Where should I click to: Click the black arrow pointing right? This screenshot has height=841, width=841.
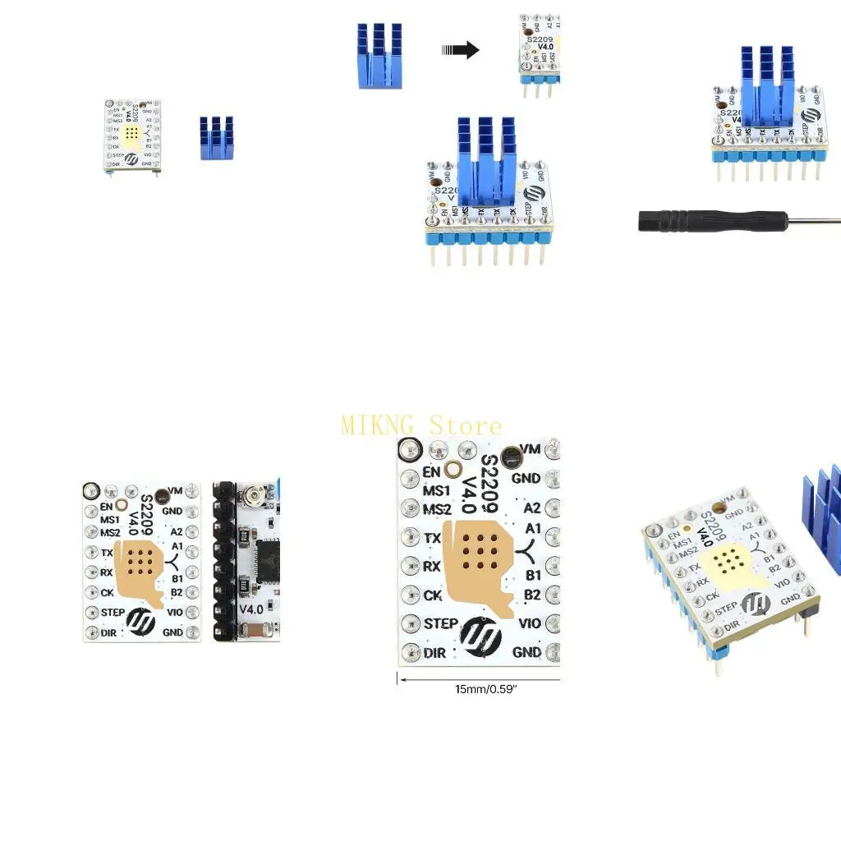point(461,50)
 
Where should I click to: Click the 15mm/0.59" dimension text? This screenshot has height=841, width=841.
point(485,689)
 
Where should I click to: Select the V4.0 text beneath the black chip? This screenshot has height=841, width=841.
point(251,609)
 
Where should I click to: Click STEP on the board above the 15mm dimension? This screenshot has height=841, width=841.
point(440,624)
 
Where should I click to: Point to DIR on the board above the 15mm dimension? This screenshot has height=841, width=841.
point(434,654)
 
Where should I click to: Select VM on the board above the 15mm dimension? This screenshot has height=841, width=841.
point(531,448)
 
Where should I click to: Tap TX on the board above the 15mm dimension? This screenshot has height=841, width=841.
point(433,538)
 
